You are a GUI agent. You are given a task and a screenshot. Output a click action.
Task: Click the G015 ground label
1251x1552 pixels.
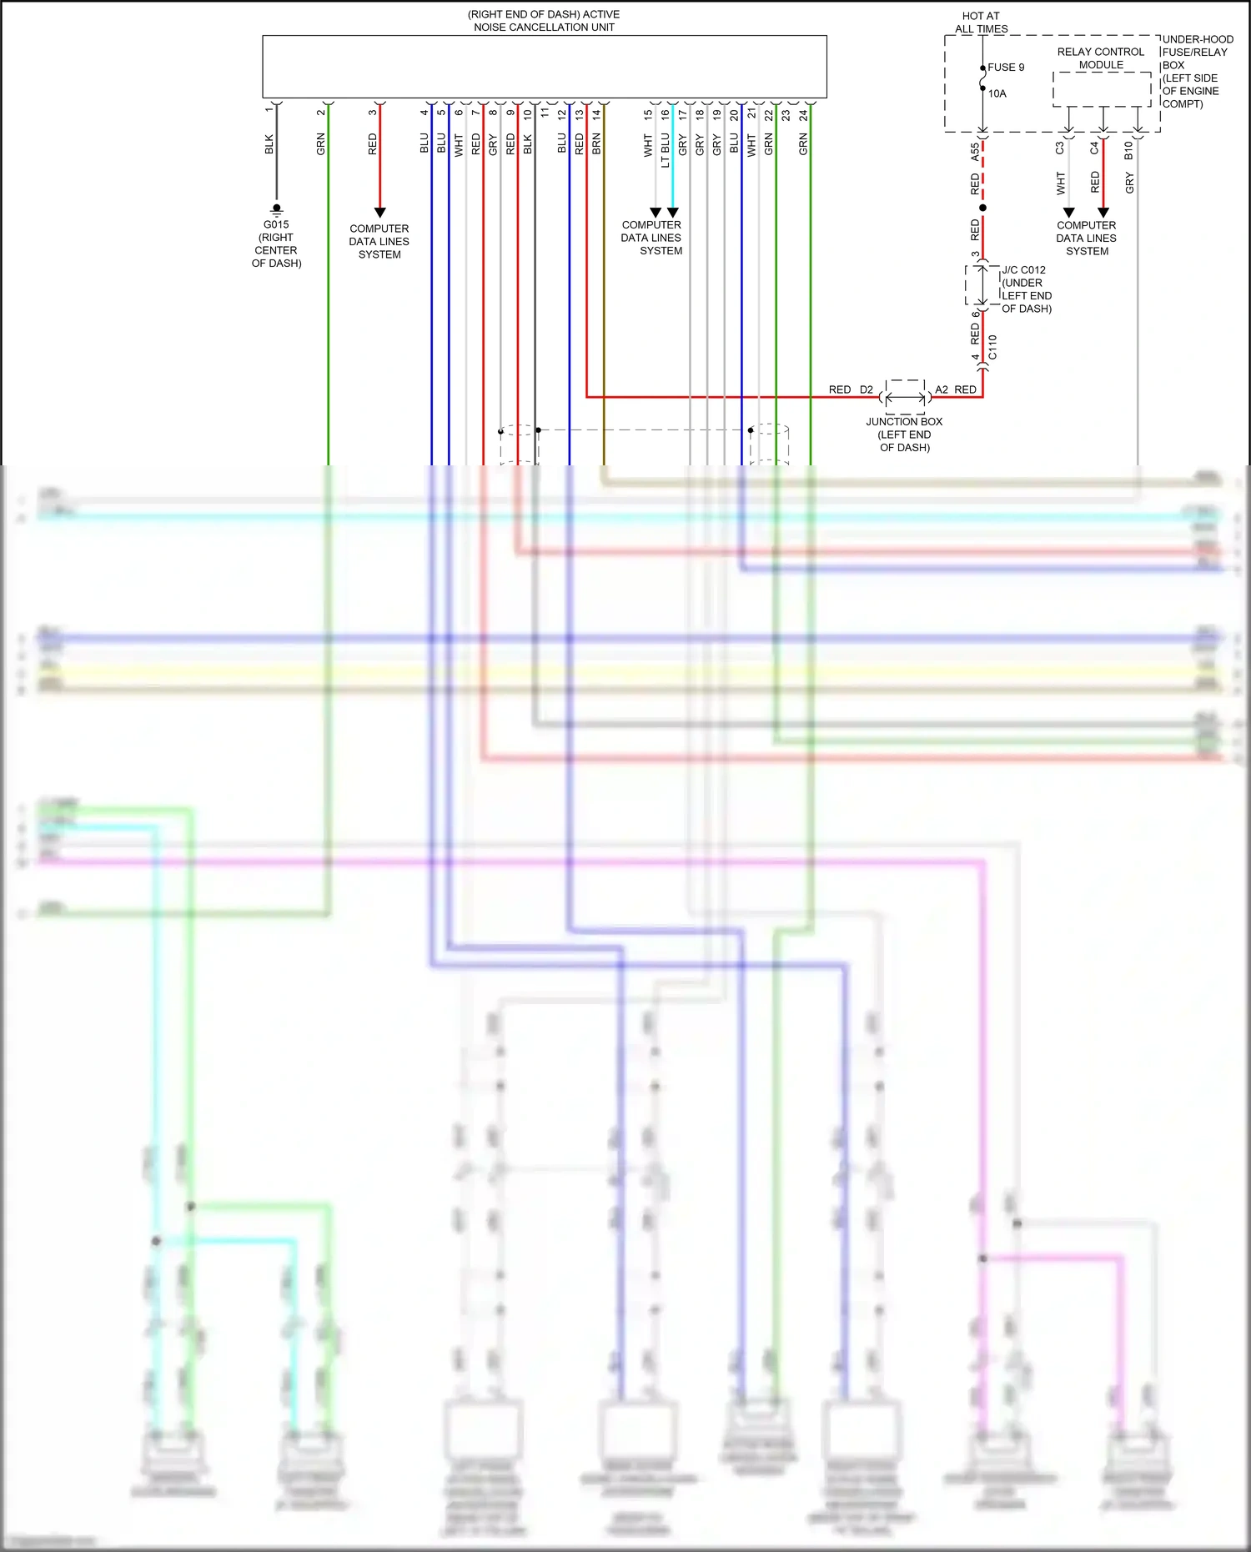coord(276,224)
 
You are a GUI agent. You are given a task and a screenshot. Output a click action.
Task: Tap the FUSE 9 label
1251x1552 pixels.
coord(1006,68)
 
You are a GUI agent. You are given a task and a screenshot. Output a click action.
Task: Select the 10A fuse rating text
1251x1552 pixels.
coord(997,94)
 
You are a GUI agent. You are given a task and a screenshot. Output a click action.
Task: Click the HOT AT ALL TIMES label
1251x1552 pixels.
coord(981,23)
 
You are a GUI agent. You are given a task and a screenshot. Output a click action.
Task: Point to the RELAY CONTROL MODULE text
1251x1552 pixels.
coord(1101,58)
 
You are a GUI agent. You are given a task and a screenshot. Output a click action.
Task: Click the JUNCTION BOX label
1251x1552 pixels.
coord(904,422)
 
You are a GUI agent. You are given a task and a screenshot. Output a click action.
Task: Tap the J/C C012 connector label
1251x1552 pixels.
coord(1023,270)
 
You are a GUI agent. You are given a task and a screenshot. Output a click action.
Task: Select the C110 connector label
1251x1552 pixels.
coord(992,347)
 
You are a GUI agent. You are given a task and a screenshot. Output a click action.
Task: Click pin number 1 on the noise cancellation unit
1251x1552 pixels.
coord(269,110)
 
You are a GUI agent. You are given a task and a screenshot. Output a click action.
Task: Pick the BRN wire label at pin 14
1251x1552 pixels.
coord(596,143)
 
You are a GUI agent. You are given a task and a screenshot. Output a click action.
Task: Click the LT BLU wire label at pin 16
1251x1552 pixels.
coord(666,150)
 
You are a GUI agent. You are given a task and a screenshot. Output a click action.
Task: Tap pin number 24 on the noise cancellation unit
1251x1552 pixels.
coord(803,115)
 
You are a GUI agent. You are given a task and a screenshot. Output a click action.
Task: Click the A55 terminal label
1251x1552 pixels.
coord(975,152)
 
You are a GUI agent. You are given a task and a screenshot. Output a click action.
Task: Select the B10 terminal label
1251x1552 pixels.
coord(1128,150)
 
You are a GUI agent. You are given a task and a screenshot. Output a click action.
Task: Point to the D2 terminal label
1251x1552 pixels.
coord(867,389)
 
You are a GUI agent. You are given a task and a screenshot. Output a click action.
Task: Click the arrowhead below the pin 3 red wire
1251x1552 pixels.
coord(379,213)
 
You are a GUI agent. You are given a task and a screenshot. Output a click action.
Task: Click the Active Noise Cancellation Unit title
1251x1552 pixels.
coord(544,21)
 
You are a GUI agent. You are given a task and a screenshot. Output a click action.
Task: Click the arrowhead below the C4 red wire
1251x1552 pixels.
coord(1103,213)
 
